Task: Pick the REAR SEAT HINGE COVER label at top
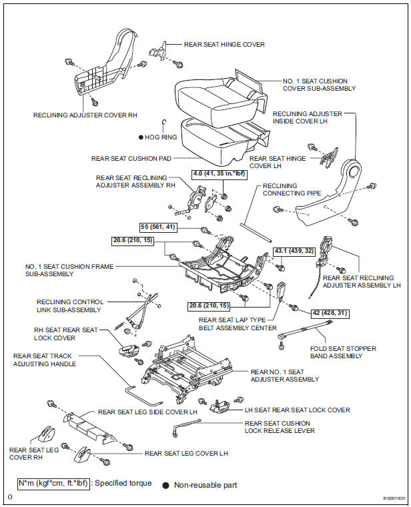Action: tap(224, 45)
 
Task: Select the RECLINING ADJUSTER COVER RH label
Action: tap(85, 115)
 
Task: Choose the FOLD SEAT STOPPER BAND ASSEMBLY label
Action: tap(343, 353)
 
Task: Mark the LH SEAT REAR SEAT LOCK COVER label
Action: tap(296, 410)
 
